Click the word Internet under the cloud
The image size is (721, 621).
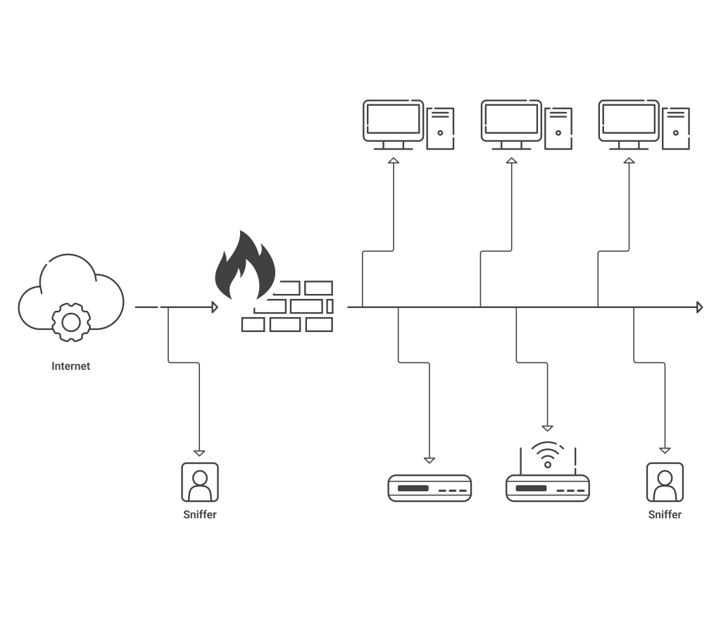tap(71, 366)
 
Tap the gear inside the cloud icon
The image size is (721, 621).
tap(71, 322)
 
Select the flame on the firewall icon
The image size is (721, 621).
tap(245, 265)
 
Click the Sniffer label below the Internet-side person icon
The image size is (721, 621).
tap(199, 514)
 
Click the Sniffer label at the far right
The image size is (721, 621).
tap(665, 514)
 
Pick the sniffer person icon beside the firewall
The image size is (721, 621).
tap(200, 482)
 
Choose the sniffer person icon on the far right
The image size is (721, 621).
tap(665, 482)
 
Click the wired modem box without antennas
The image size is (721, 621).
tap(430, 488)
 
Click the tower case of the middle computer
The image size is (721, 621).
tap(558, 128)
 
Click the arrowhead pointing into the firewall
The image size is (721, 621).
tap(215, 307)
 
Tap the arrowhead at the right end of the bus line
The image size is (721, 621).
tap(700, 307)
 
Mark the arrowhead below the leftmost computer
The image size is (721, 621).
tap(394, 160)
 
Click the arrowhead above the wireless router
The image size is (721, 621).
tap(547, 429)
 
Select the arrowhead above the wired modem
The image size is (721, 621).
tap(430, 460)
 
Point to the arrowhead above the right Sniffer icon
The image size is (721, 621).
tap(665, 450)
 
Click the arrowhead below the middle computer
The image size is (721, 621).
tap(511, 160)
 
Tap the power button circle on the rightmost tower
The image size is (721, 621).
tap(676, 133)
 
